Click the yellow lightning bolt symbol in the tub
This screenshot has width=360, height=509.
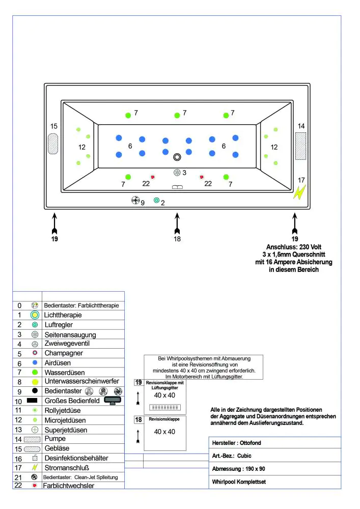coord(300,192)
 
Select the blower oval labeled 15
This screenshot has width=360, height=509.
coord(53,144)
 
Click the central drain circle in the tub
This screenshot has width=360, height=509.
coord(177,157)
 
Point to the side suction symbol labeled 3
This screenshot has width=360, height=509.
coord(177,173)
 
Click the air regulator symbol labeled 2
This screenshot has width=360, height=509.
coord(156,201)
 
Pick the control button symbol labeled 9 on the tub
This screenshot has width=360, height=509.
coord(135,201)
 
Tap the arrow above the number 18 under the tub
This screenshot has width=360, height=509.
coord(177,222)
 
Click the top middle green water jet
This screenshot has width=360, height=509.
coord(177,116)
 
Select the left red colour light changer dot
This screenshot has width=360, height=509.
coord(152,177)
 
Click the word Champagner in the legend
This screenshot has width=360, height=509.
coord(64,353)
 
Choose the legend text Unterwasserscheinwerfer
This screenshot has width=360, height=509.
coord(81,381)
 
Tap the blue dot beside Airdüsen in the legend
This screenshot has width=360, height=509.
coord(35,362)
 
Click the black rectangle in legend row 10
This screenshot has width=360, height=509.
coord(35,401)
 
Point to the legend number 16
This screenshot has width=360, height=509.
coord(19,458)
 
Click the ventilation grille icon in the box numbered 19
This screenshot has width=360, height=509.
coord(164,407)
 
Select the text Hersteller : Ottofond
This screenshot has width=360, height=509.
coord(236,443)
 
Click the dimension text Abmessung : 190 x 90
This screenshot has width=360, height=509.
coord(238,468)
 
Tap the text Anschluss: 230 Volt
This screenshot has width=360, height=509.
coord(294,247)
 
